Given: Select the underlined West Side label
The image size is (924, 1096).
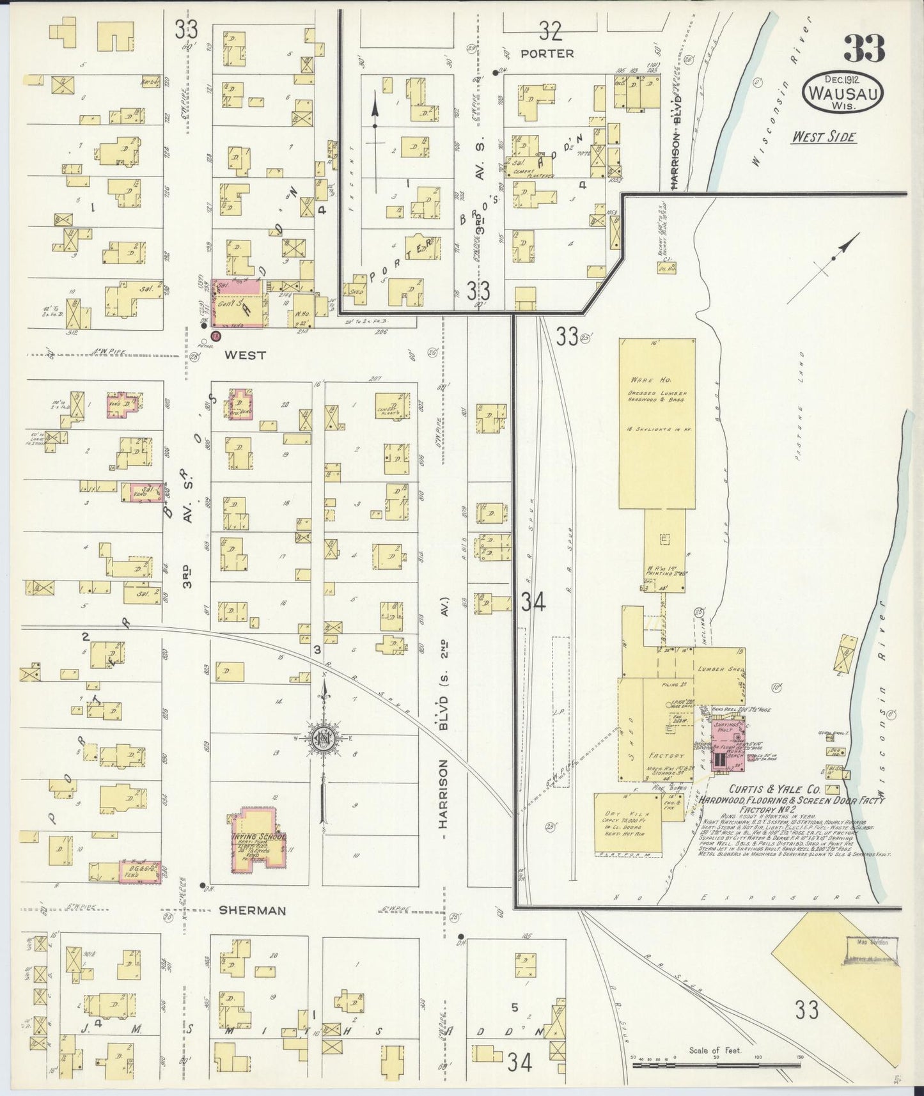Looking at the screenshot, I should point(823,137).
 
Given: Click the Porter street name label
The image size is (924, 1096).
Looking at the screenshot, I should point(547,54).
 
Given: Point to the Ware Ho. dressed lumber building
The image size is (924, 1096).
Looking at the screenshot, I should point(657,422).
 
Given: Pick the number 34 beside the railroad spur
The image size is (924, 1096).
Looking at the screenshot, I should point(532,602).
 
